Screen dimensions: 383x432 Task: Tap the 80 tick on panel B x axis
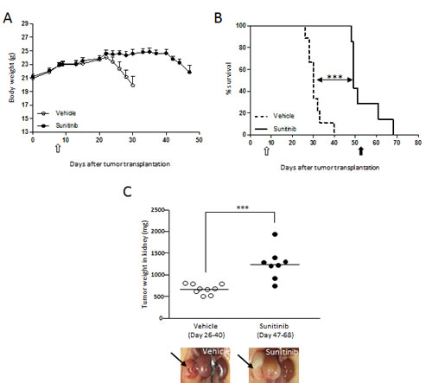point(418,141)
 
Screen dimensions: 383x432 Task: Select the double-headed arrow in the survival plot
point(333,79)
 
